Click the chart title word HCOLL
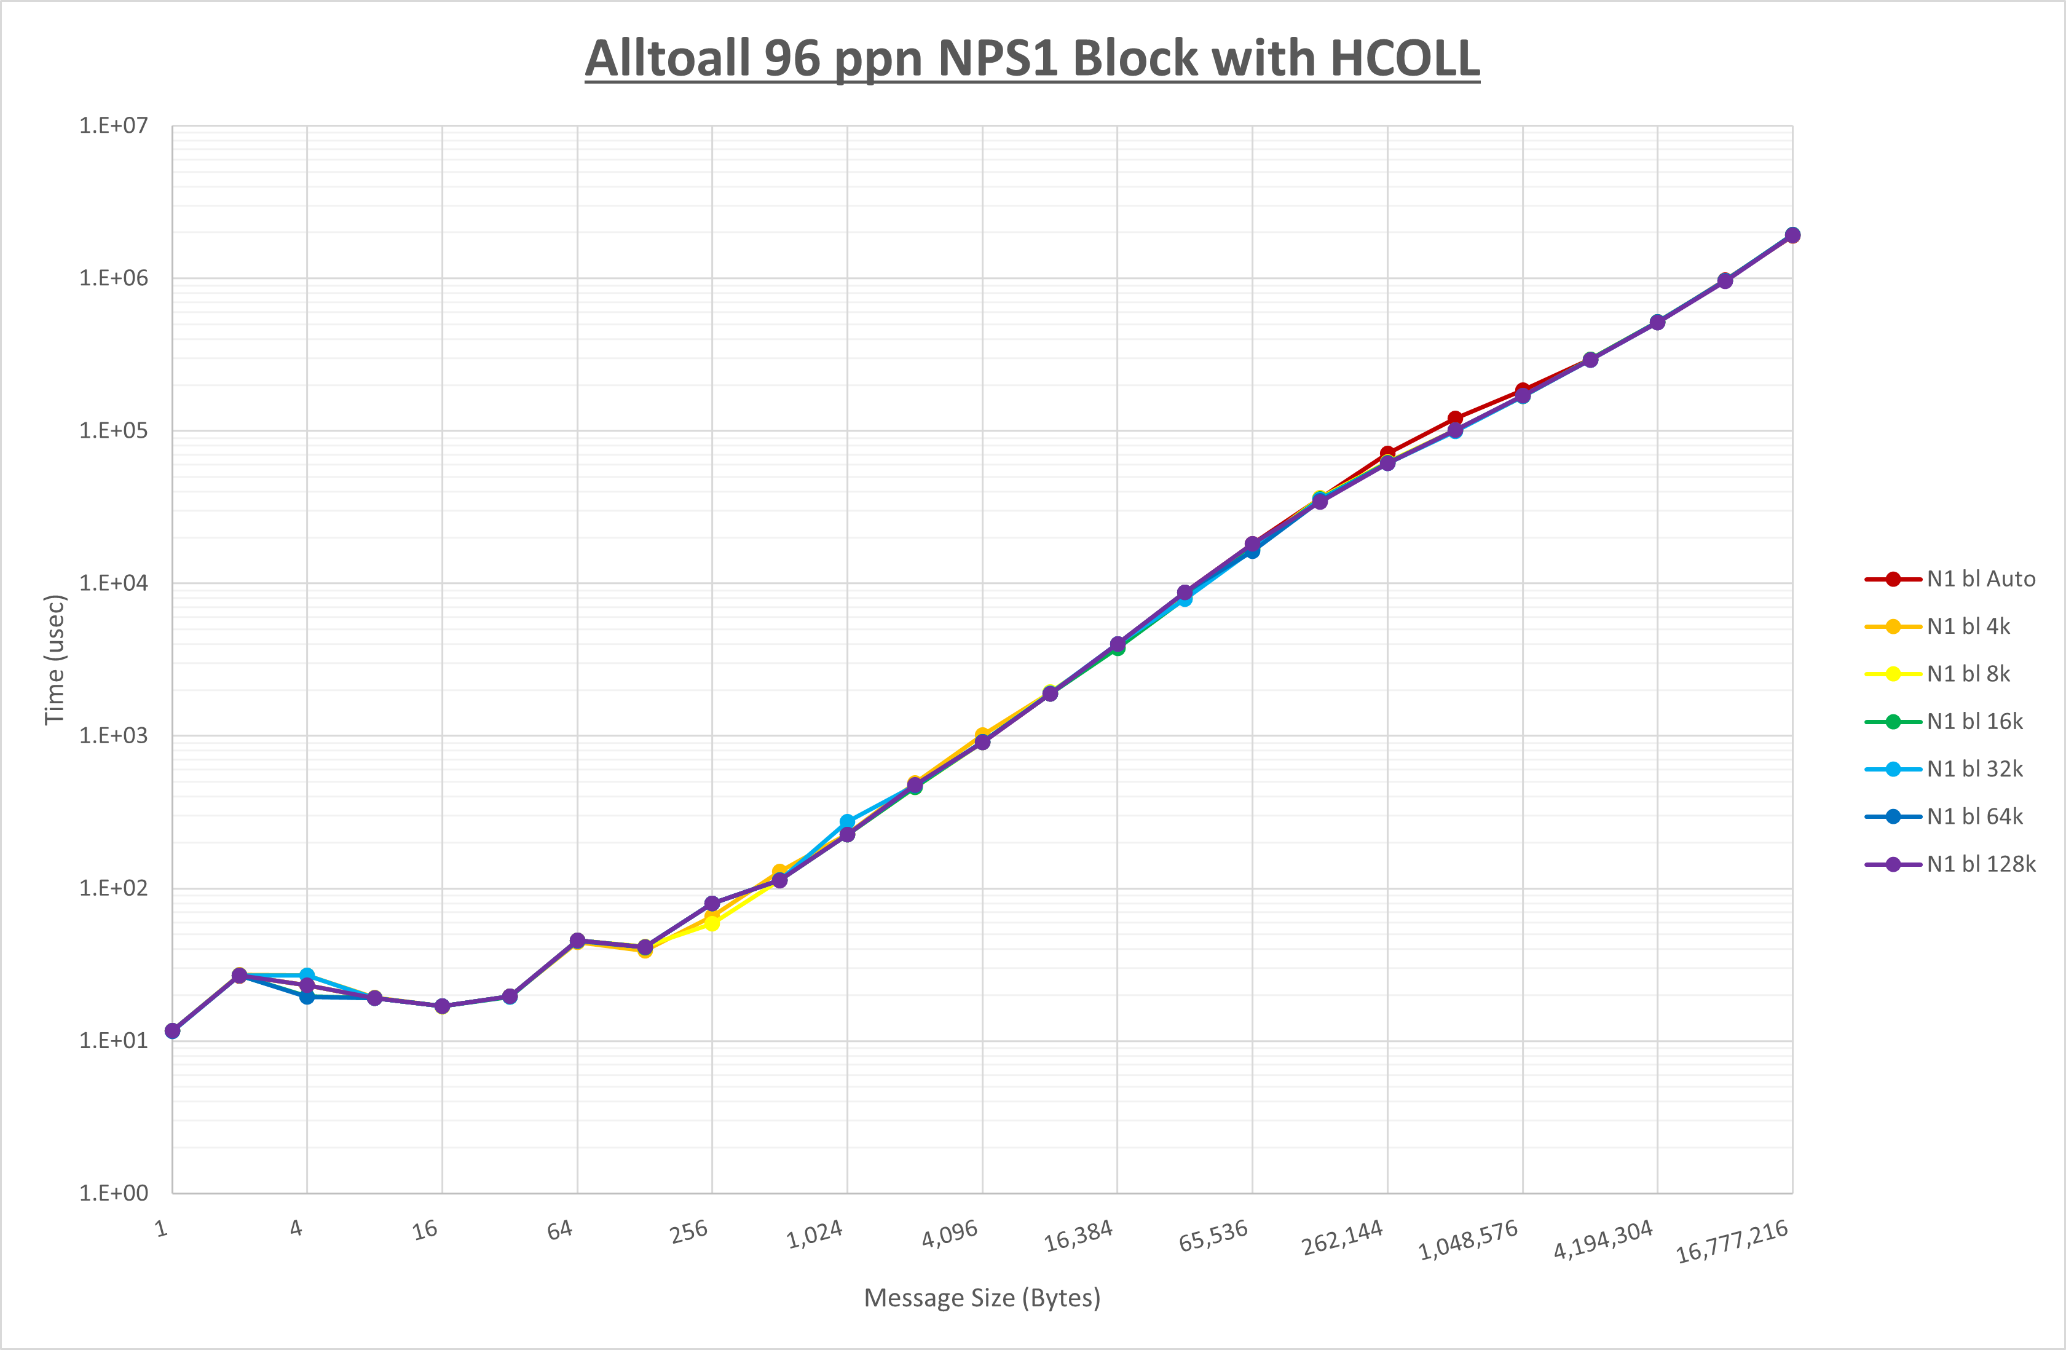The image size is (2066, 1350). pos(1404,59)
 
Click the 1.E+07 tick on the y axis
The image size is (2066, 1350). pos(114,126)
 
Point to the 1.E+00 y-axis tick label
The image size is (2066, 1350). pos(114,1193)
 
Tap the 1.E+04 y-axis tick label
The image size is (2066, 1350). pos(114,583)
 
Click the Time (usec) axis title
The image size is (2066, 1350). pos(55,660)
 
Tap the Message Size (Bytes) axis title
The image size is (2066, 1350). pos(982,1298)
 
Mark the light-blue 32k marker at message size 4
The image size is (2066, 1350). pos(307,976)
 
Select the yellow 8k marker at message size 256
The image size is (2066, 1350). pos(712,924)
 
